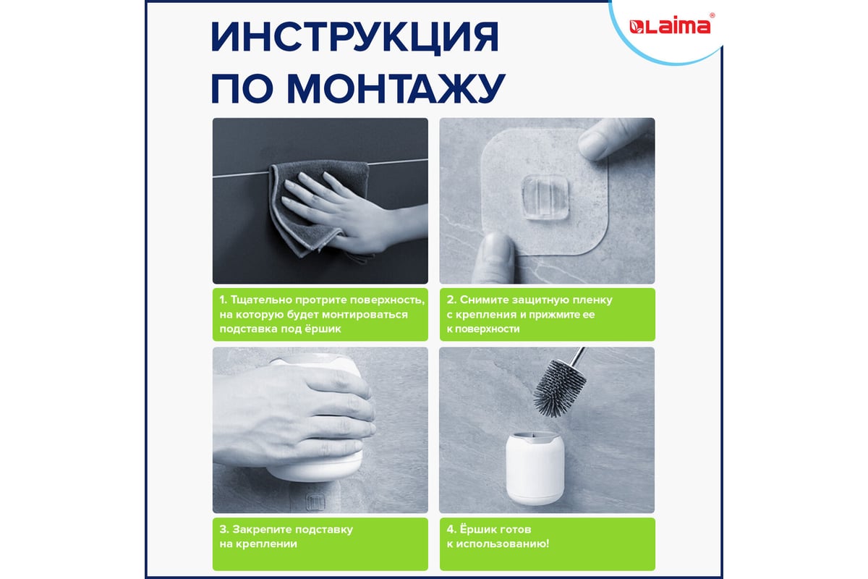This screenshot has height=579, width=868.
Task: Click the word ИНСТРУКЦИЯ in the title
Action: tap(355, 38)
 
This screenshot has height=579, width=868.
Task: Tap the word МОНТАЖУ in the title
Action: tap(396, 88)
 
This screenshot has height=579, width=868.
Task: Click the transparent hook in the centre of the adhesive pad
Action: tap(545, 197)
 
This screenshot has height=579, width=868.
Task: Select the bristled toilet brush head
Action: tap(559, 388)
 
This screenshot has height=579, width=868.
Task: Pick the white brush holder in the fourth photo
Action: tap(535, 468)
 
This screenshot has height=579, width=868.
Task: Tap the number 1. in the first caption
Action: tap(224, 300)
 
